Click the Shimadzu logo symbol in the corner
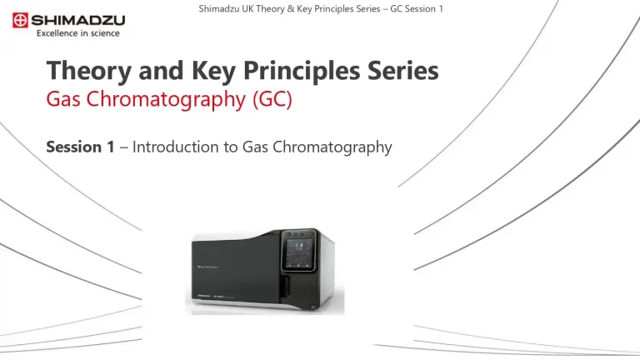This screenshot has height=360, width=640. click(16, 17)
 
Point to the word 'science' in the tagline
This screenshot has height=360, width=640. click(105, 33)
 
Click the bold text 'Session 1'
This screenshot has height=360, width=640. click(80, 147)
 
